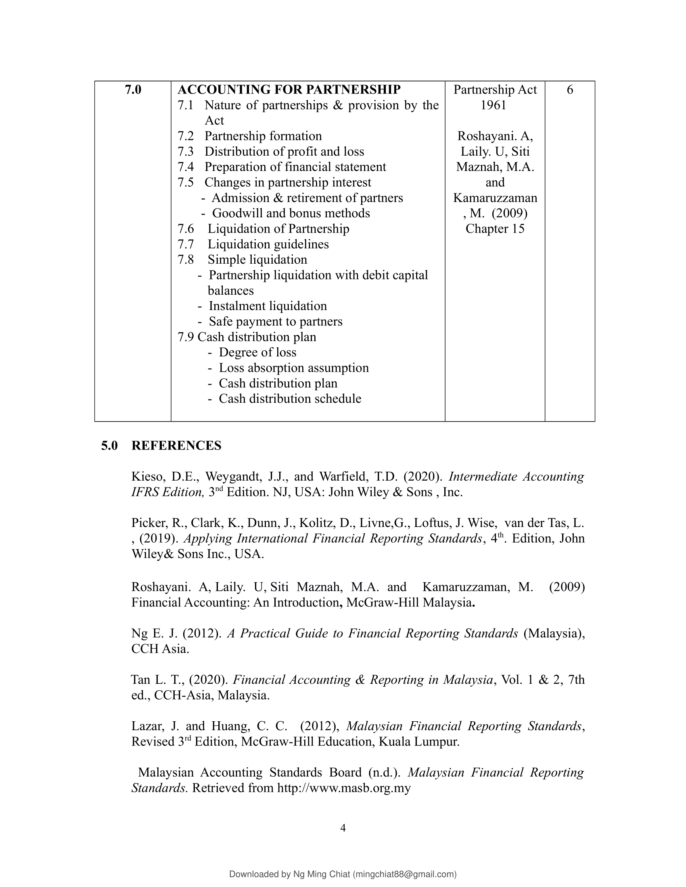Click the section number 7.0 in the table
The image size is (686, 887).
133,90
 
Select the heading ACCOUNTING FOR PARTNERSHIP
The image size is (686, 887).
289,90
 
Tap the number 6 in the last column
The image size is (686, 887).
570,90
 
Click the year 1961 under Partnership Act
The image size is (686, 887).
494,105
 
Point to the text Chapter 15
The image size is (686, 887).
495,229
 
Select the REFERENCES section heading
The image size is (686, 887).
176,446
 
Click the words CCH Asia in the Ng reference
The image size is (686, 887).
160,649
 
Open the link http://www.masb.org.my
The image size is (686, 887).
344,788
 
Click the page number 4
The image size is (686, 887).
343,828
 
